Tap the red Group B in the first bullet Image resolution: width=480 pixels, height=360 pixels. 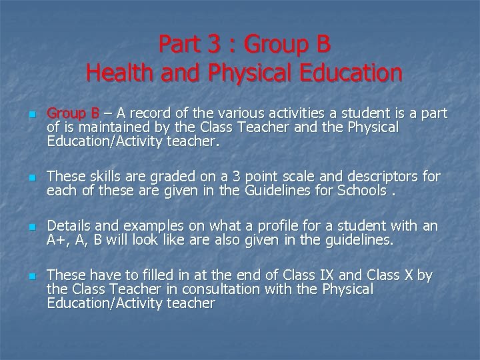point(73,113)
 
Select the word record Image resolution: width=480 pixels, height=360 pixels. point(145,113)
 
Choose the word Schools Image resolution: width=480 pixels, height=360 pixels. point(359,191)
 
